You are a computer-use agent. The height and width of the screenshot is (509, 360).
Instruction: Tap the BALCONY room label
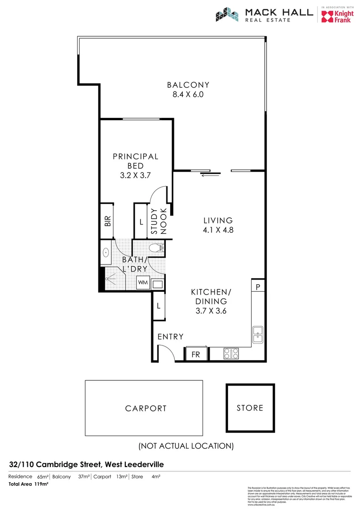188,85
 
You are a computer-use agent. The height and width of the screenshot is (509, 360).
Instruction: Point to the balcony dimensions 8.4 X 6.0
188,94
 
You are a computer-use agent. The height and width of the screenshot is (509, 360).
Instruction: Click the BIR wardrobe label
107,222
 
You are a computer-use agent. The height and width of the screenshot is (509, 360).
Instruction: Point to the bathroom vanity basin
106,253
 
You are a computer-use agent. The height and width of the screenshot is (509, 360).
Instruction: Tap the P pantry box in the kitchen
258,286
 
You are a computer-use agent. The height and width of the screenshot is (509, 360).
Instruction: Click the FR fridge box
195,354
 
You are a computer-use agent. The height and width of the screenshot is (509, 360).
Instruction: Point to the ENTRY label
170,337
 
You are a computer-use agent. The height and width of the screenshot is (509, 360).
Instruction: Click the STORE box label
250,408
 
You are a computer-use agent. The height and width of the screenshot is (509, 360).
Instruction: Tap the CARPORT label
146,409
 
